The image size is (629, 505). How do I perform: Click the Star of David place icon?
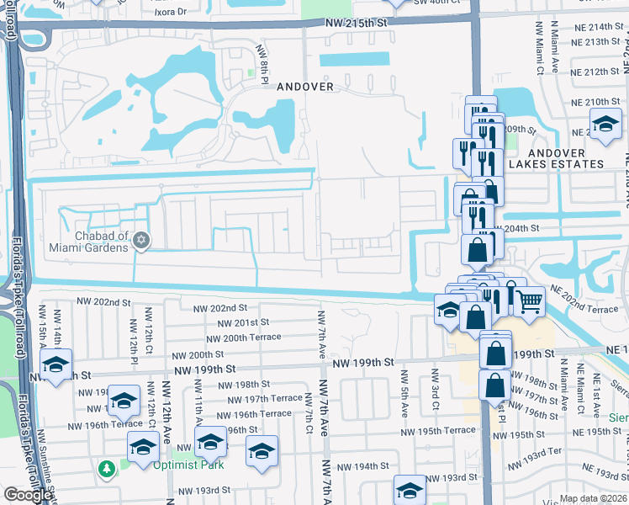click(x=141, y=242)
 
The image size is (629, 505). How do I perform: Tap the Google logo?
click(x=28, y=495)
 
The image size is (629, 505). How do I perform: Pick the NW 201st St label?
click(x=243, y=322)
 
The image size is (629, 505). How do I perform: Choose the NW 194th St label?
click(x=362, y=465)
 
